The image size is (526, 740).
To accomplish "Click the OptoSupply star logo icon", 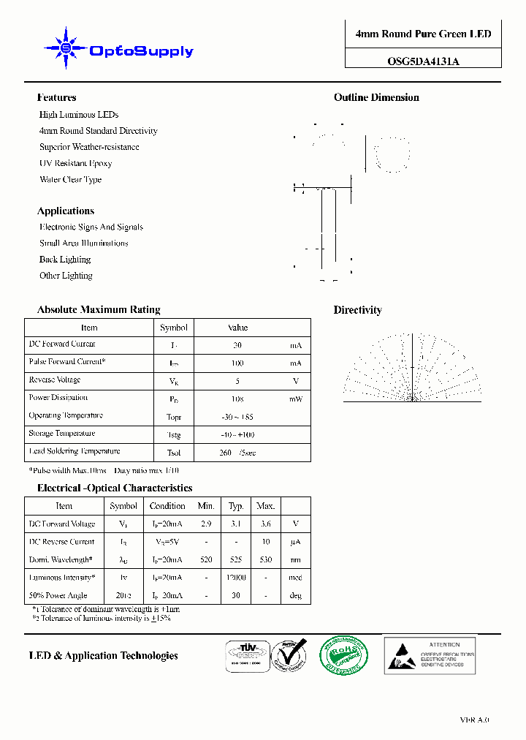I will pyautogui.click(x=66, y=48).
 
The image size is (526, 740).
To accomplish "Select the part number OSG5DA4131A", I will pyautogui.click(x=423, y=62).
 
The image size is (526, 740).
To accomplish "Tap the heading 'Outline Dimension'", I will pyautogui.click(x=376, y=97).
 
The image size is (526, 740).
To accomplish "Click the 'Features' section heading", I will pyautogui.click(x=56, y=97).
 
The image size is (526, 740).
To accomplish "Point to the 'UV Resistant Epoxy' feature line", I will pyautogui.click(x=75, y=163).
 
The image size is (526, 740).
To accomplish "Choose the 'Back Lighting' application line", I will pyautogui.click(x=65, y=260).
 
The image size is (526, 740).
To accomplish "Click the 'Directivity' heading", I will pyautogui.click(x=358, y=310).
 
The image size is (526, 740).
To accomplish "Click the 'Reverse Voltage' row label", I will pyautogui.click(x=55, y=380).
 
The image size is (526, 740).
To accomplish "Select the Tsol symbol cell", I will pyautogui.click(x=174, y=453).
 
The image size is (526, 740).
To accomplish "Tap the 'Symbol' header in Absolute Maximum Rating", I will pyautogui.click(x=174, y=328).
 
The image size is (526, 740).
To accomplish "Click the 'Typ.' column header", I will pyautogui.click(x=236, y=506).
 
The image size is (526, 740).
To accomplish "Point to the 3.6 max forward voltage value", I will pyautogui.click(x=266, y=524).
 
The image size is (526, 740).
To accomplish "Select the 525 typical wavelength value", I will pyautogui.click(x=236, y=560).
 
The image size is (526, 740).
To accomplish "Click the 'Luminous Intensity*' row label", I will pyautogui.click(x=62, y=578).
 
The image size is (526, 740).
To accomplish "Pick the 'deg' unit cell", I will pyautogui.click(x=296, y=596).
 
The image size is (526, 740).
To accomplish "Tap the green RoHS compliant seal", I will pyautogui.click(x=343, y=654).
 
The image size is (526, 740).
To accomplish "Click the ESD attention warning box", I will pyautogui.click(x=430, y=654).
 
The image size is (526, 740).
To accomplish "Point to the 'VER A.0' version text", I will pyautogui.click(x=474, y=720).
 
